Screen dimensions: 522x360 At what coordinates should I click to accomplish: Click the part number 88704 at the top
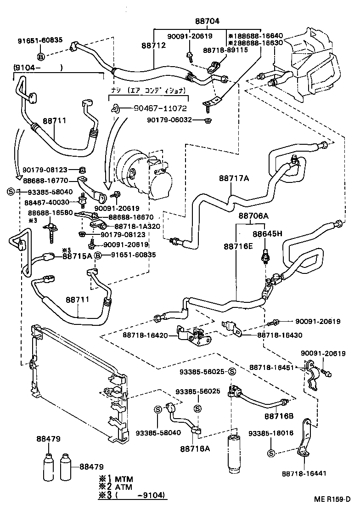pyautogui.click(x=207, y=21)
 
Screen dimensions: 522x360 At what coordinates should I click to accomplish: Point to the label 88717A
pyautogui.click(x=233, y=179)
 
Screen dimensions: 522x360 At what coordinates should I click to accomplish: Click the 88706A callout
pyautogui.click(x=253, y=216)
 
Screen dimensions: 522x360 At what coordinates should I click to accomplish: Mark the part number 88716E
pyautogui.click(x=238, y=246)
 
